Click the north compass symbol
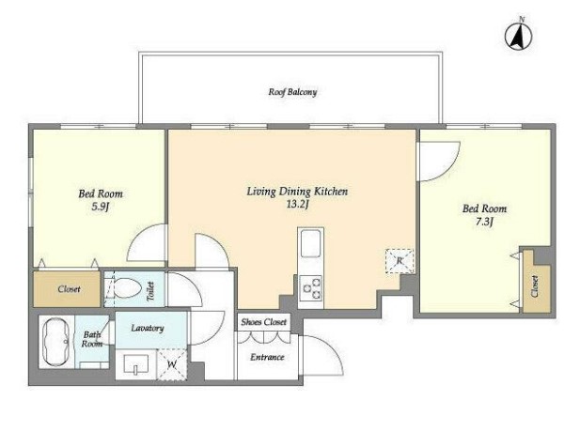pyautogui.click(x=519, y=35)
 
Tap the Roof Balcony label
pyautogui.click(x=292, y=92)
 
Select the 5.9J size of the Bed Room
pyautogui.click(x=101, y=207)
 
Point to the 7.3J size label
pyautogui.click(x=485, y=222)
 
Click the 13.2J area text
pyautogui.click(x=297, y=205)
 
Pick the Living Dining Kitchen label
pyautogui.click(x=297, y=192)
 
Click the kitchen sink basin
pyautogui.click(x=311, y=243)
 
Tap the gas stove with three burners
pyautogui.click(x=311, y=288)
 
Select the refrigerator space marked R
pyautogui.click(x=400, y=261)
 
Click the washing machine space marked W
pyautogui.click(x=172, y=364)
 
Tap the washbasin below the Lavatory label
pyautogui.click(x=135, y=365)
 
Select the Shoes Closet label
pyautogui.click(x=264, y=322)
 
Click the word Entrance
pyautogui.click(x=267, y=357)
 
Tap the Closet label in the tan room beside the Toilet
pyautogui.click(x=70, y=289)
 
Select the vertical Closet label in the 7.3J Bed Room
pyautogui.click(x=535, y=286)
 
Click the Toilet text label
pyautogui.click(x=150, y=291)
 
